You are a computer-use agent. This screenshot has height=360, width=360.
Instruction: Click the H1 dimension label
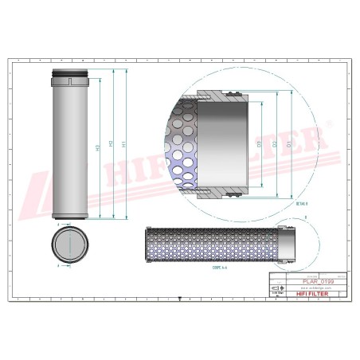pyautogui.click(x=123, y=144)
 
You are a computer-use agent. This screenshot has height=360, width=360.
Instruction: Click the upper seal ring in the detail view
pyautogui.click(x=232, y=96)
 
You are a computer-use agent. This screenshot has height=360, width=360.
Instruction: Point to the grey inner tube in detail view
pyautogui.click(x=227, y=144)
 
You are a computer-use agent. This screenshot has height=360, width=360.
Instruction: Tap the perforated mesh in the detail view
pyautogui.click(x=181, y=144)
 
